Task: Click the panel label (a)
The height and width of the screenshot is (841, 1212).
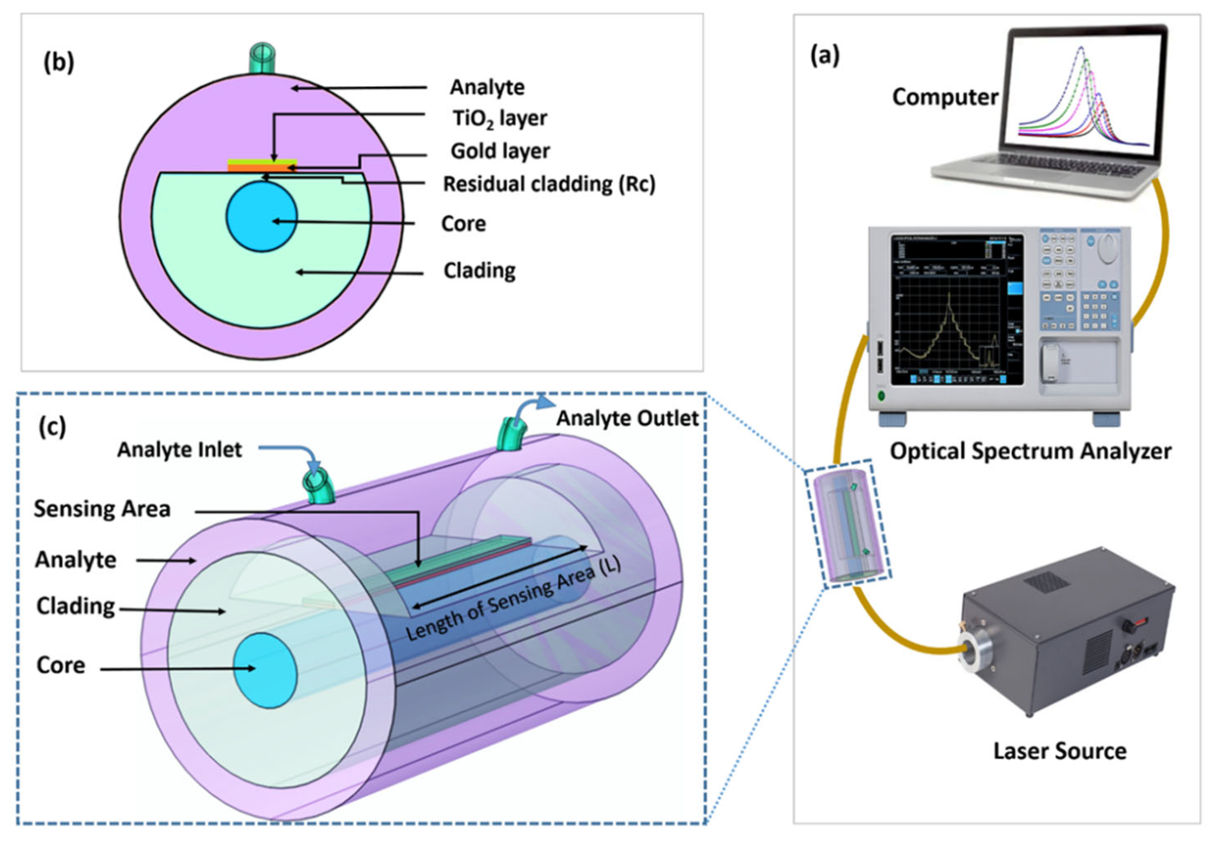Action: tap(825, 55)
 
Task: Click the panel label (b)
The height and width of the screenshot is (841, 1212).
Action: tap(58, 63)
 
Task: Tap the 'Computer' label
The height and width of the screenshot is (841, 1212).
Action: tap(945, 97)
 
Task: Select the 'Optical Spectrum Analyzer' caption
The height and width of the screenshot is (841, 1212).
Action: tap(1030, 451)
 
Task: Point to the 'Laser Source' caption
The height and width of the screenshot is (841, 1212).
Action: tap(1060, 751)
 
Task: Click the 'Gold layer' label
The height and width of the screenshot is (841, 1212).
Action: tap(500, 151)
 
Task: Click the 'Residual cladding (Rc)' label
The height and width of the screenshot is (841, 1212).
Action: tap(548, 184)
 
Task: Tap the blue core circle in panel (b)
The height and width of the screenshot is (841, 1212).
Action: tap(262, 217)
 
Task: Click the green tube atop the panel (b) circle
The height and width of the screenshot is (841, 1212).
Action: tap(262, 58)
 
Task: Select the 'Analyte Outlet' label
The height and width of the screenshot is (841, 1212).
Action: tap(627, 418)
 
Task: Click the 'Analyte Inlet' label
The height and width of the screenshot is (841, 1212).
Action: tap(179, 449)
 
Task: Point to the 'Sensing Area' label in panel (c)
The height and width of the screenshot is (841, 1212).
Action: tap(102, 509)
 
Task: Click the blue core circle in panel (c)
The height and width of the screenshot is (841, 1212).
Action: tap(265, 670)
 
